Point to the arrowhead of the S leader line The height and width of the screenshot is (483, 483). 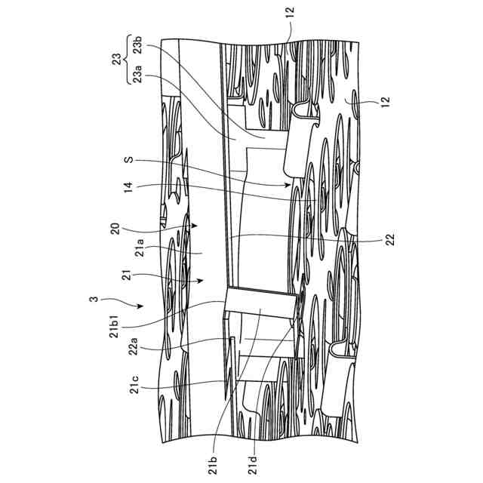[x=289, y=183]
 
